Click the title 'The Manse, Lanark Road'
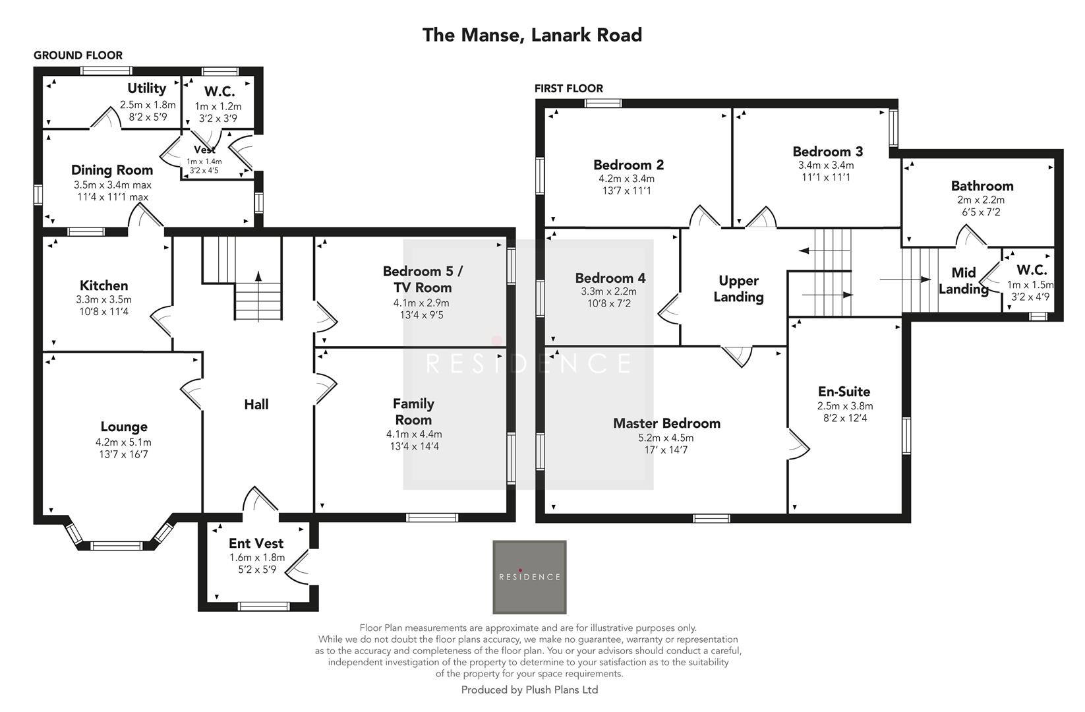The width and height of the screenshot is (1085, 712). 532,35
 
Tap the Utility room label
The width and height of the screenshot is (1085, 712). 146,88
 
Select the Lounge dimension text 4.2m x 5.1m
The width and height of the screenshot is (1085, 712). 123,442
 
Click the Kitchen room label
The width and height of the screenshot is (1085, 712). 103,285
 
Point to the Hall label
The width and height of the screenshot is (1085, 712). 256,404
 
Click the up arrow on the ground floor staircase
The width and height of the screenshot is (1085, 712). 258,278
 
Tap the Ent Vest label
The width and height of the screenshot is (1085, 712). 256,543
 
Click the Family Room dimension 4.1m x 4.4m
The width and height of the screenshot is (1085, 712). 414,434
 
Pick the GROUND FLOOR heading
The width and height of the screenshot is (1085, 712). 78,55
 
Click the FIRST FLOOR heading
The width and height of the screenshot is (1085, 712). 568,88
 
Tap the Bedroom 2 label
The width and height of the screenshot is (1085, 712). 628,165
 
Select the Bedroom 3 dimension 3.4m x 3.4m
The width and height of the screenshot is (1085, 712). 825,165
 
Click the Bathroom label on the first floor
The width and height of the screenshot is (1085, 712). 982,186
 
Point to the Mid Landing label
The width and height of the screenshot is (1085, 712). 963,281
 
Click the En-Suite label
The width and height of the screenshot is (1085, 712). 844,392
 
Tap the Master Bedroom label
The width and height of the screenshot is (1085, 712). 666,423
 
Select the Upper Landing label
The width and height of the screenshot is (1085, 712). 738,289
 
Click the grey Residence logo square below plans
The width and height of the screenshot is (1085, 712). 529,577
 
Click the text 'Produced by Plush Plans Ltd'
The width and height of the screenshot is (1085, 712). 529,690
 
